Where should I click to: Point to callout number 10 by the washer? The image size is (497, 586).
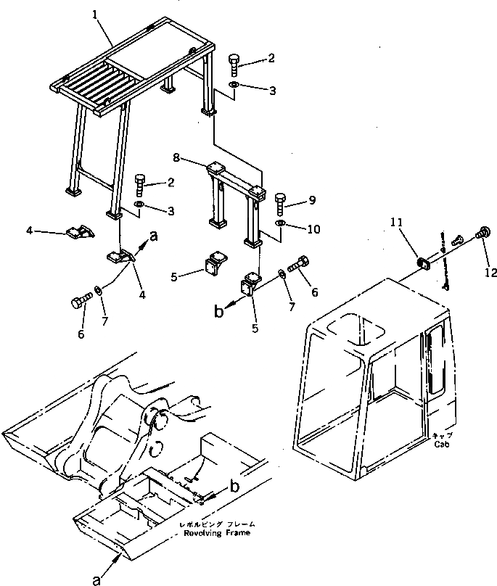[313, 229]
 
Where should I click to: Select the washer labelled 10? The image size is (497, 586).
[282, 220]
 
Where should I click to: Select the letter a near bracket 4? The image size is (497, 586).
[153, 234]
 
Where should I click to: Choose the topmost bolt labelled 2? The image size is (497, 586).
[234, 64]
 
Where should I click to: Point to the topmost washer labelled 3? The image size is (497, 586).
[234, 87]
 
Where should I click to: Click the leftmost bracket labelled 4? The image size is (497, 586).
[76, 233]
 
